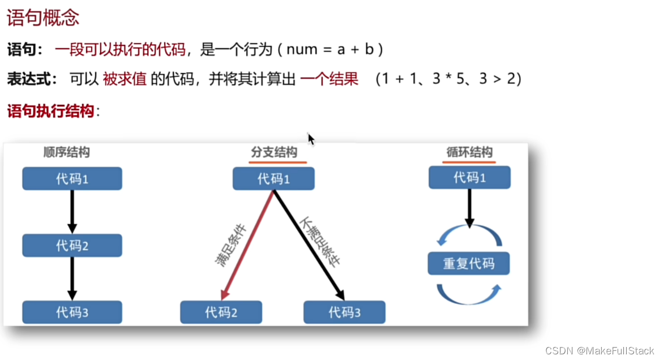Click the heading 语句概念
[x=43, y=18]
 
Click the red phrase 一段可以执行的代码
[x=120, y=50]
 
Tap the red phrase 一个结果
[x=329, y=79]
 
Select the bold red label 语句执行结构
[x=50, y=111]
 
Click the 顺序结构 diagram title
[x=66, y=152]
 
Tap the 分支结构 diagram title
[x=274, y=152]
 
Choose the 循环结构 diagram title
[x=469, y=152]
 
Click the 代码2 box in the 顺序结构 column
[x=72, y=246]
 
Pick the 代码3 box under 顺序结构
[x=72, y=312]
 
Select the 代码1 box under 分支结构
[x=273, y=179]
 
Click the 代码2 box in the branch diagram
[x=221, y=312]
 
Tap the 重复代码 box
[x=469, y=264]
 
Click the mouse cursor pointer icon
[x=311, y=139]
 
